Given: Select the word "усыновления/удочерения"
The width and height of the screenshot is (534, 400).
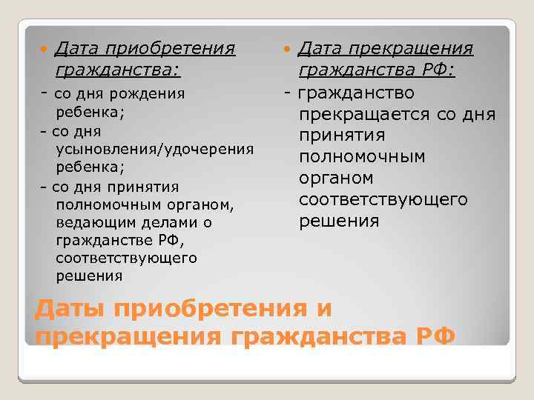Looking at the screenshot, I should (155, 149).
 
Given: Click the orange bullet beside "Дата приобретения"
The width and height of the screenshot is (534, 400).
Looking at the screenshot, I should (43, 50).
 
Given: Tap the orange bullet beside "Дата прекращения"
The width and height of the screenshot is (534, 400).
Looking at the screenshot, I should (287, 50).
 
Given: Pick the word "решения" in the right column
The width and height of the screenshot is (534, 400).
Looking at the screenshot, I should (339, 221).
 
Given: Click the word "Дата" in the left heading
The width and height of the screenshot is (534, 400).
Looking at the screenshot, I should (78, 49).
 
